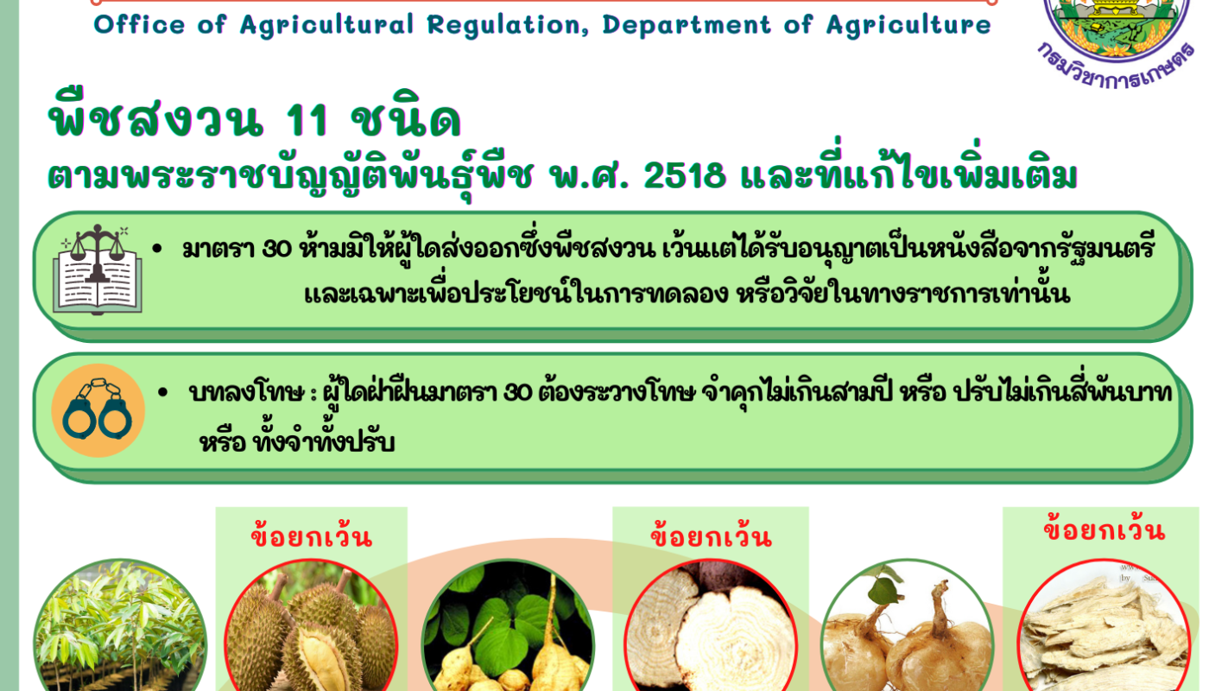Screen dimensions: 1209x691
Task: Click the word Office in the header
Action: point(139,25)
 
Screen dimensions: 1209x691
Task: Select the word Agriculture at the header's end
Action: point(908,26)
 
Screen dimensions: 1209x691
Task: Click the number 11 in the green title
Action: point(306,120)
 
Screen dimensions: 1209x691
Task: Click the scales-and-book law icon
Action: point(97,269)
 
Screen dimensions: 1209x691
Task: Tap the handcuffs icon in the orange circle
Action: point(98,409)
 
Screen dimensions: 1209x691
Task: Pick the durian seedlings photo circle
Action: point(120,625)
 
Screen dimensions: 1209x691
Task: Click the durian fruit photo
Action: point(311,625)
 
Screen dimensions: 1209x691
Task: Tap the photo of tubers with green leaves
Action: point(508,625)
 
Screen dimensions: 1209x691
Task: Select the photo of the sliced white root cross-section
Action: point(710,625)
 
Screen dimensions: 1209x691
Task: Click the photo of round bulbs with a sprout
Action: point(908,625)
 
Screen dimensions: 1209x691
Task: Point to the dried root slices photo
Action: point(1104,625)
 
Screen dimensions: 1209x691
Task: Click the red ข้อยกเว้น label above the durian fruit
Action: point(312,536)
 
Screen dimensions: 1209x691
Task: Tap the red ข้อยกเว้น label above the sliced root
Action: point(711,536)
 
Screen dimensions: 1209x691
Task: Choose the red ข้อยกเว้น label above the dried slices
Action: point(1105,529)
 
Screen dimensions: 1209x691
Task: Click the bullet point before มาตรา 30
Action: point(157,249)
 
